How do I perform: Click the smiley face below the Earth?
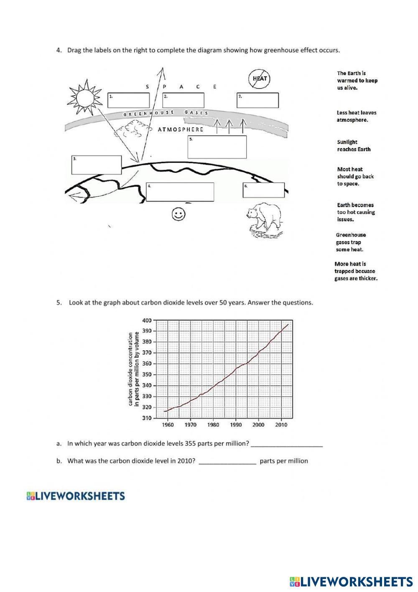click(179, 215)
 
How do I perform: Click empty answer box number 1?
click(128, 100)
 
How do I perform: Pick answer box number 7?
click(257, 100)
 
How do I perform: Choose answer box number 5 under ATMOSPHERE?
click(217, 147)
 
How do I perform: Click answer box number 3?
click(97, 165)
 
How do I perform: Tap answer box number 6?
click(263, 190)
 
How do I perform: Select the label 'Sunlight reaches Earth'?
click(354, 146)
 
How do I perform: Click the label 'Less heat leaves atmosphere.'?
click(356, 116)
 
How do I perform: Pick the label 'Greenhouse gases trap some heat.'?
click(351, 242)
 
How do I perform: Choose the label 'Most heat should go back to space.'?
click(355, 177)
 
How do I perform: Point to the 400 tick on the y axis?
click(147, 320)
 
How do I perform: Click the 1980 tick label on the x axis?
click(213, 425)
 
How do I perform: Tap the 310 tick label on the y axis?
click(147, 418)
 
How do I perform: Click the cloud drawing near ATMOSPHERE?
click(133, 130)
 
